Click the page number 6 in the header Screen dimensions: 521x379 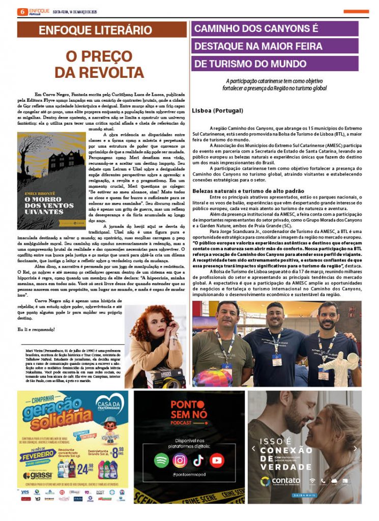tap(22, 11)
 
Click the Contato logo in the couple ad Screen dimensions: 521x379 tap(279, 480)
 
